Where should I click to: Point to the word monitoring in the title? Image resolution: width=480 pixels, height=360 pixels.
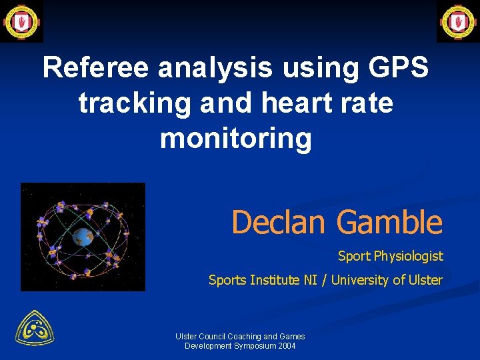pos(236,139)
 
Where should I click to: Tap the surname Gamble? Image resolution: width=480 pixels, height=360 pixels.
pos(389,223)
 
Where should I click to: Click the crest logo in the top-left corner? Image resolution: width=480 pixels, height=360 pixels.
pos(21,21)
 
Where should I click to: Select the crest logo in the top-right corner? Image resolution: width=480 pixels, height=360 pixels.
pos(458,21)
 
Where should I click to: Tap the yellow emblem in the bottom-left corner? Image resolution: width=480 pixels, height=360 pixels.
pos(35,329)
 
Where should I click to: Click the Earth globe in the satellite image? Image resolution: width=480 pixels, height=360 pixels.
pos(83,236)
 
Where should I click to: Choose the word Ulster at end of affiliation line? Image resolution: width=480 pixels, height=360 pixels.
pos(425,280)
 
